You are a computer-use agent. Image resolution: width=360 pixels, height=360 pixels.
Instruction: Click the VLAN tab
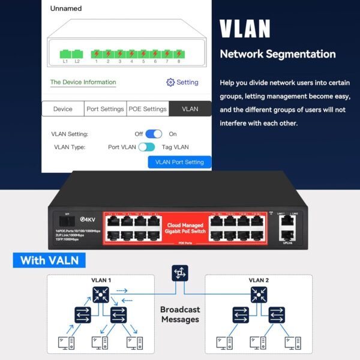point(190,109)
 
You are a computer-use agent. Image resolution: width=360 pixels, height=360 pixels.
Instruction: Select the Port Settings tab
point(105,109)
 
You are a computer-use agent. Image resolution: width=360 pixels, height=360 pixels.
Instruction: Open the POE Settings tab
point(147,109)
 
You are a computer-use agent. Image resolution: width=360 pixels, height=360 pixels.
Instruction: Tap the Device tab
point(63,109)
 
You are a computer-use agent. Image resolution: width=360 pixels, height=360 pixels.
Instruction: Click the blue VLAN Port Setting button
point(179,162)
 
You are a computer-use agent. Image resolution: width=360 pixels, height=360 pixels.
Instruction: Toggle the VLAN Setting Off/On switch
point(154,134)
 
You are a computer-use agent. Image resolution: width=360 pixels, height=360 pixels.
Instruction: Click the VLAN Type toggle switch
point(146,147)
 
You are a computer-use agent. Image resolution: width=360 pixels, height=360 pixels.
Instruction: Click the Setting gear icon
point(170,82)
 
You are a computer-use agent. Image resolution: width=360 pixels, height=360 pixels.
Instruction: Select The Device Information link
point(83,82)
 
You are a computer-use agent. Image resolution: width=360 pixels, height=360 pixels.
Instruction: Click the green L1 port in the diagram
point(65,53)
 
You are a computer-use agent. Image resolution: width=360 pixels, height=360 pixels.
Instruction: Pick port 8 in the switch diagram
point(178,53)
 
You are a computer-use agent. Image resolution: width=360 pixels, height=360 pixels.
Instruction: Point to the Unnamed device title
point(66,9)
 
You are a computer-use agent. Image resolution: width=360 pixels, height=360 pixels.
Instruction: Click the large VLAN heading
point(245,28)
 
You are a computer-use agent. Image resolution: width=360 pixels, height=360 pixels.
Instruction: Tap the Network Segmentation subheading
point(277,54)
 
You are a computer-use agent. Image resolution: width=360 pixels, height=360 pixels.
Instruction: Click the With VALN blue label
point(49,260)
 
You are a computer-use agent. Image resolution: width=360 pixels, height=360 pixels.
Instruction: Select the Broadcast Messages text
point(180,314)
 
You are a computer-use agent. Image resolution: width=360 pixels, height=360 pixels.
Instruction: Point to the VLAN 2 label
point(259,280)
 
